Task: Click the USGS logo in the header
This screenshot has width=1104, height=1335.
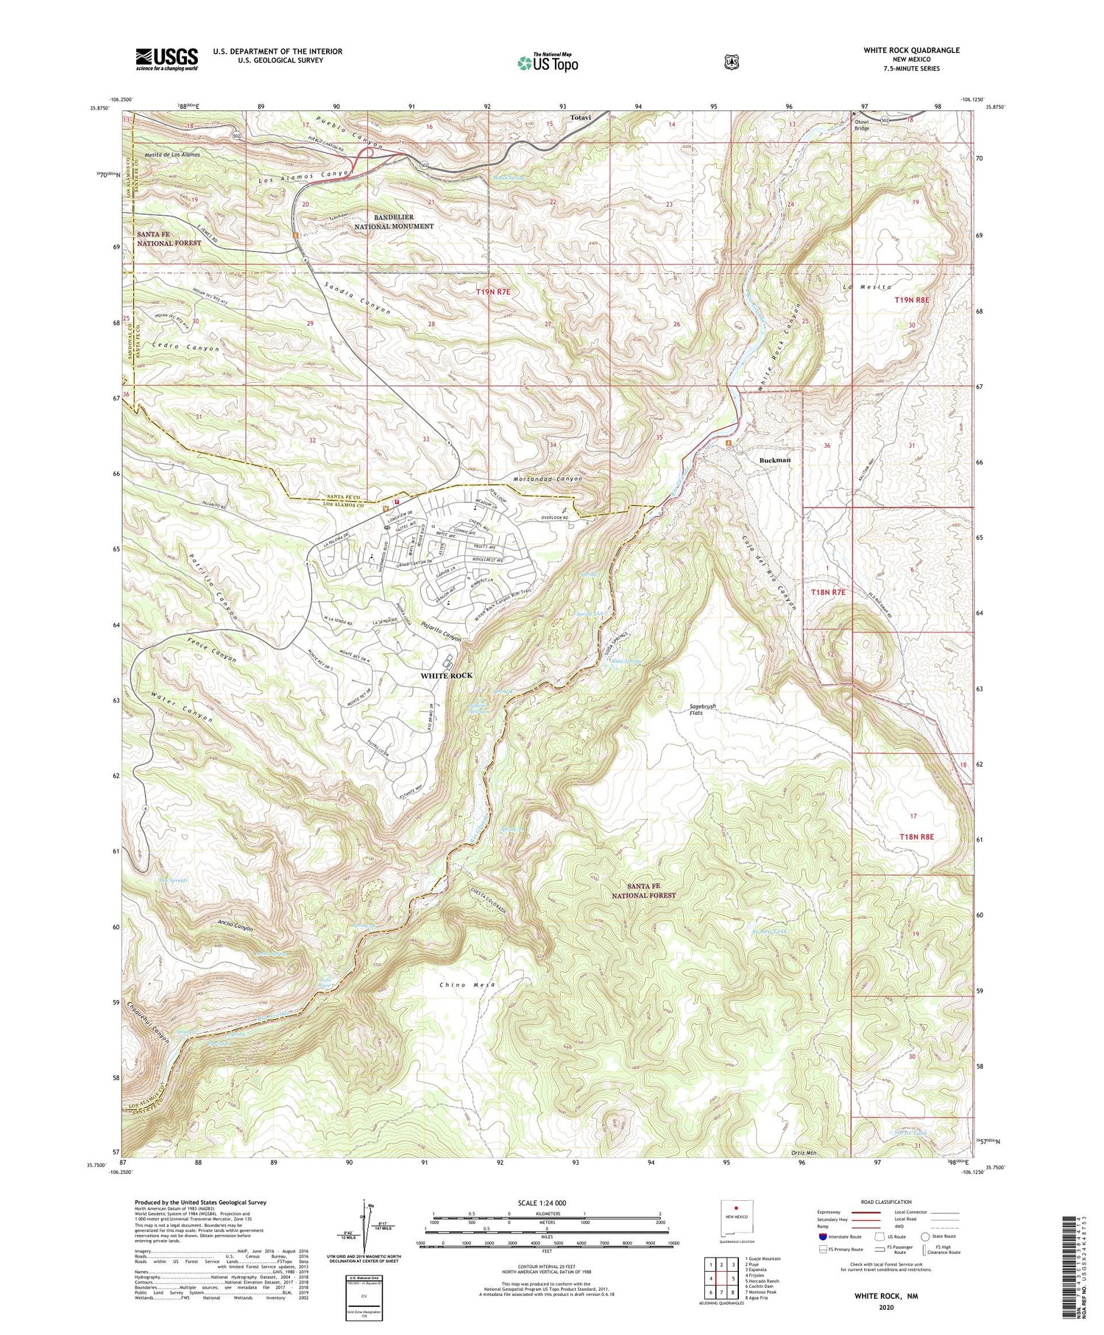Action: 166,59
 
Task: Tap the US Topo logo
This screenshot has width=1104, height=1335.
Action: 548,63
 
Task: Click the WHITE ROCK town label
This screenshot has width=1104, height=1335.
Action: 446,675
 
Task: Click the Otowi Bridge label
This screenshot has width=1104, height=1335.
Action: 861,125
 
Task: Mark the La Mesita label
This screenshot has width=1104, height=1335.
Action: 871,286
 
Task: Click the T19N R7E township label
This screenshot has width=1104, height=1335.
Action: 492,292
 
